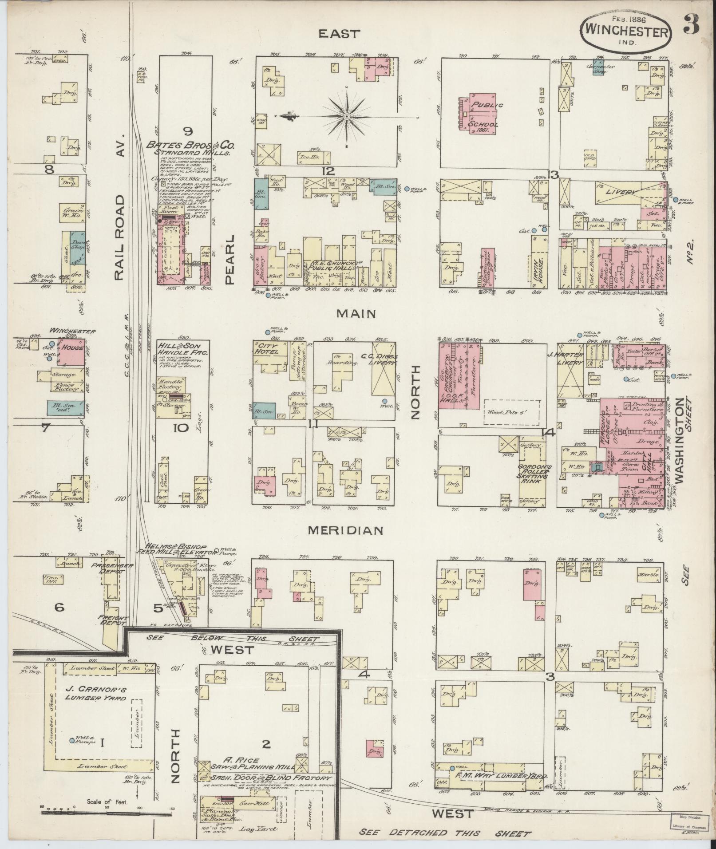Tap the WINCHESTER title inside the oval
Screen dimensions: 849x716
point(626,32)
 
